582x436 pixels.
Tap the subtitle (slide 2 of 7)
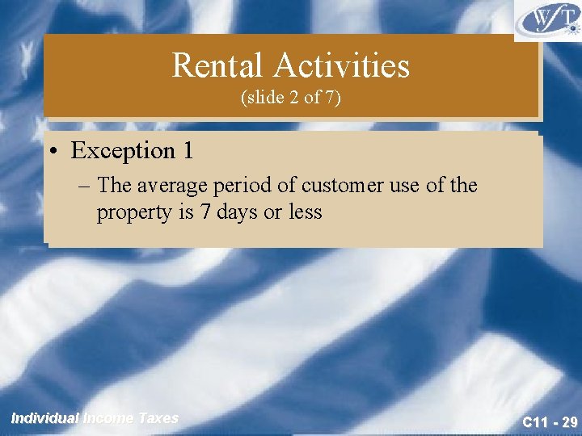pos(291,98)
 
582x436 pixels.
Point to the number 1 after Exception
pos(188,150)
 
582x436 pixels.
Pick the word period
pos(242,186)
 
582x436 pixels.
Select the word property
pos(127,213)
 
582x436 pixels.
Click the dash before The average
pos(86,187)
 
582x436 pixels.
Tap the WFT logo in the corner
pos(547,19)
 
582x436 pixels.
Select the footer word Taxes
pos(158,418)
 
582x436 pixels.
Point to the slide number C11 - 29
pos(549,421)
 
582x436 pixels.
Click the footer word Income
pos(109,418)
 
